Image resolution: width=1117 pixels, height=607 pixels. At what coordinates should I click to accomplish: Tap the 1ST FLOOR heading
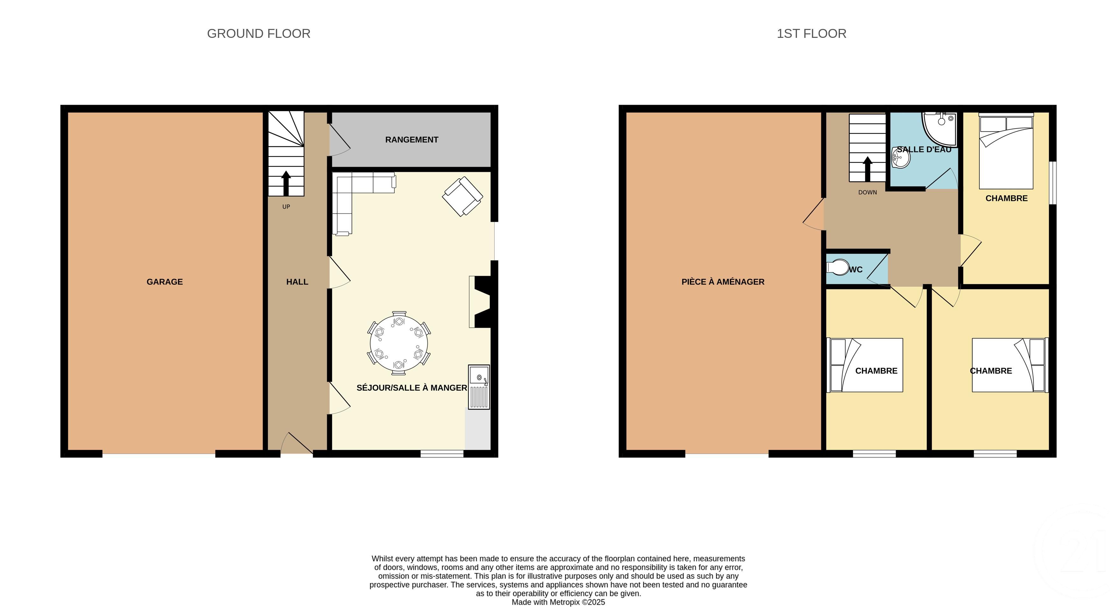811,33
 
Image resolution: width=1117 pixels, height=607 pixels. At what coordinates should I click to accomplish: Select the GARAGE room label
164,282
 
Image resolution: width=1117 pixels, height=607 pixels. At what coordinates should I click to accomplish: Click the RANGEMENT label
412,140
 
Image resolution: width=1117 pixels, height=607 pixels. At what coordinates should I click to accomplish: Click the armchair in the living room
462,196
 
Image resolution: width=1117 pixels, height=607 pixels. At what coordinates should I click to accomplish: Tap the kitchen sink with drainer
479,387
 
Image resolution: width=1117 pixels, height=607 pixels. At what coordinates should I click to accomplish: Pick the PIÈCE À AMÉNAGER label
723,282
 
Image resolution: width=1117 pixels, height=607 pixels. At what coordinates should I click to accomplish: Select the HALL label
297,282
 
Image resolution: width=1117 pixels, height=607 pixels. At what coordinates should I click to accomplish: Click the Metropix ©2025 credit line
558,602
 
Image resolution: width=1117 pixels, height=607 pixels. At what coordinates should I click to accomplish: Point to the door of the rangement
340,138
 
